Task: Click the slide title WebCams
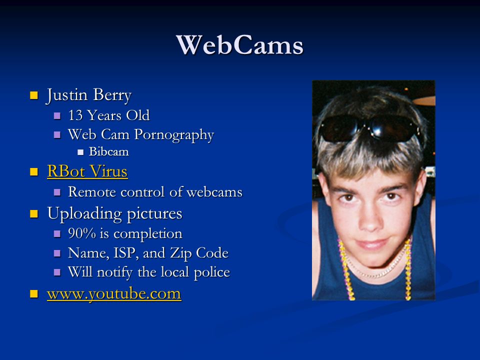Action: [x=239, y=45]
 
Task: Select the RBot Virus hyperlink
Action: [x=87, y=171]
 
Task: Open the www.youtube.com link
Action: [x=114, y=294]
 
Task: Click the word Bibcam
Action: [x=108, y=152]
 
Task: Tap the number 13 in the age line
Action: [x=75, y=115]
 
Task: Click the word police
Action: [x=212, y=272]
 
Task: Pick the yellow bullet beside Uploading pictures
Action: [x=34, y=213]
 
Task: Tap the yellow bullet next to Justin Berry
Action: [x=34, y=95]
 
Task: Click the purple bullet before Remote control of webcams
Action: [x=57, y=192]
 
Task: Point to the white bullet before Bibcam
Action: [x=80, y=152]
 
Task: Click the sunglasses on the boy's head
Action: [x=369, y=128]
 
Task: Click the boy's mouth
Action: [x=372, y=244]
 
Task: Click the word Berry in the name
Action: [x=112, y=95]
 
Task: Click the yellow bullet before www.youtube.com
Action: [x=34, y=294]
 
